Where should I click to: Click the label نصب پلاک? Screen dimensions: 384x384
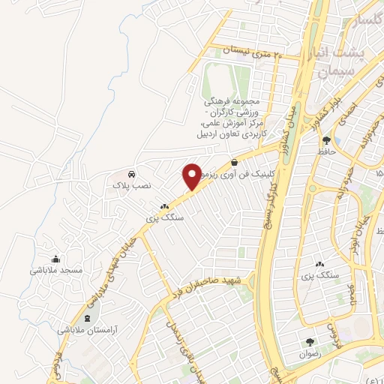[x=132, y=184]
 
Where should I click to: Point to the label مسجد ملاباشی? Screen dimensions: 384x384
[x=55, y=270]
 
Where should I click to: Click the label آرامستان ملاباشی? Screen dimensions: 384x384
[x=88, y=330]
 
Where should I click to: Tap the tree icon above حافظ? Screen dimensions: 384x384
[x=326, y=139]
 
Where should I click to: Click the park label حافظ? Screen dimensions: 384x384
[x=326, y=151]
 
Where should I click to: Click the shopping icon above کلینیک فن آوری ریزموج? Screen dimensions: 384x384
[x=235, y=160]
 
